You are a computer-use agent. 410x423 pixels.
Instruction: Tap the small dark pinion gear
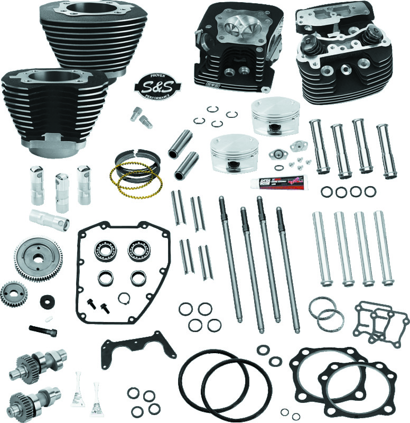pos(12,294)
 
